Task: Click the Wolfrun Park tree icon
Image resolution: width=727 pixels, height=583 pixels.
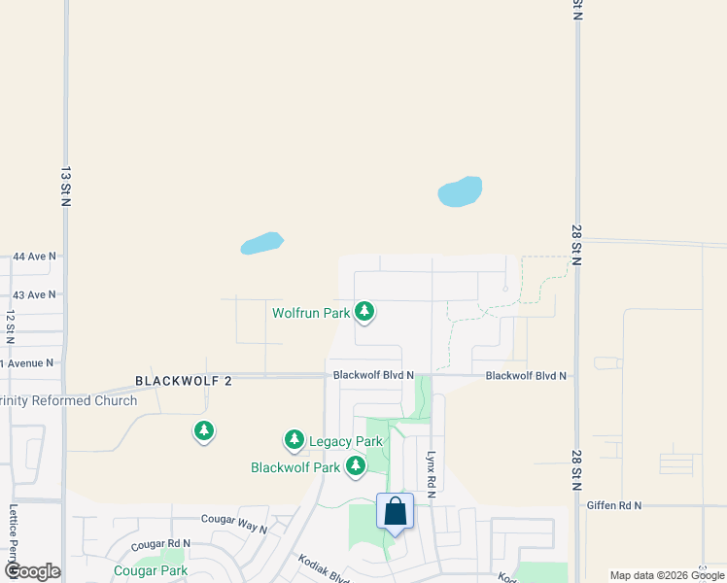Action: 364,311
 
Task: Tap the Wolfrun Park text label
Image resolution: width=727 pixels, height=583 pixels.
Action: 310,313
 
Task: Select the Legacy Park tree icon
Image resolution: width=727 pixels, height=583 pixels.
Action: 294,440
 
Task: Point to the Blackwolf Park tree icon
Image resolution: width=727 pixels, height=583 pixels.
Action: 356,466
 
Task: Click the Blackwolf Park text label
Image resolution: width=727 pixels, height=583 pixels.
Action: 295,467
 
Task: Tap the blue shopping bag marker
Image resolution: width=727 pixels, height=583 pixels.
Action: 396,512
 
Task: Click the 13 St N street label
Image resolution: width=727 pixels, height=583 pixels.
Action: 66,186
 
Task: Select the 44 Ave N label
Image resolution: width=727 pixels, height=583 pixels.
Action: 34,257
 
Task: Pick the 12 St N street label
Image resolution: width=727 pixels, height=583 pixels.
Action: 10,328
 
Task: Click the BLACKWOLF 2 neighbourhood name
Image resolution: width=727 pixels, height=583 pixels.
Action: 184,381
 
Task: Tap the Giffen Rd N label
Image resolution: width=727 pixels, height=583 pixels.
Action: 614,505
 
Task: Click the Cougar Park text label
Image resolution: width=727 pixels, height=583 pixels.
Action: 150,570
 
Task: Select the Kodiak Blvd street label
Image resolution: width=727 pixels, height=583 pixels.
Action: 324,569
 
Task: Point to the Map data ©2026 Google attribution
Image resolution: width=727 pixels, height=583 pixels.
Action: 667,575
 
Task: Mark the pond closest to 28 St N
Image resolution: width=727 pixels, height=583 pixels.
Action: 460,191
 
